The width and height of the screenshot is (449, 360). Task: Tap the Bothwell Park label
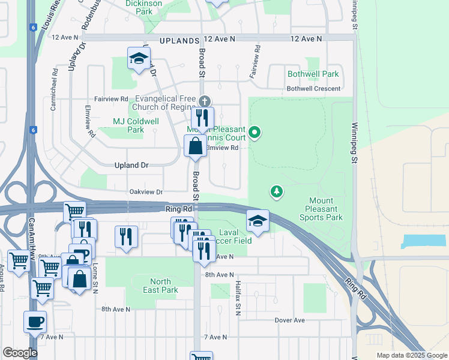(313, 74)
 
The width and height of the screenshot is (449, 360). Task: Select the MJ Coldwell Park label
(136, 125)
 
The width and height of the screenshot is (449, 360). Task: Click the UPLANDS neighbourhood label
(179, 40)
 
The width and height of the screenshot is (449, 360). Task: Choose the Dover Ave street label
(290, 320)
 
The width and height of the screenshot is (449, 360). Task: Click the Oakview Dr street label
(146, 192)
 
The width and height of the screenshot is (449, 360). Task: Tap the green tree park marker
(277, 192)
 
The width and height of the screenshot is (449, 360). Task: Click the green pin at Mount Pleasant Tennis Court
(255, 132)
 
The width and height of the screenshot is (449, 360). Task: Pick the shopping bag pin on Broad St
(196, 146)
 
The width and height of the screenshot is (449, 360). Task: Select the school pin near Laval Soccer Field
(258, 221)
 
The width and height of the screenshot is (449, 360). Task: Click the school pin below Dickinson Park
(139, 59)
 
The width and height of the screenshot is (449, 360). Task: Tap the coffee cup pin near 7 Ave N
(35, 322)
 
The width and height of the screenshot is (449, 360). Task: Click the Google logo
(20, 353)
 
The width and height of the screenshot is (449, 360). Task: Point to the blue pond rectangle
(424, 242)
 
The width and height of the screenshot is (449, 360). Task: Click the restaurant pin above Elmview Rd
(202, 118)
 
